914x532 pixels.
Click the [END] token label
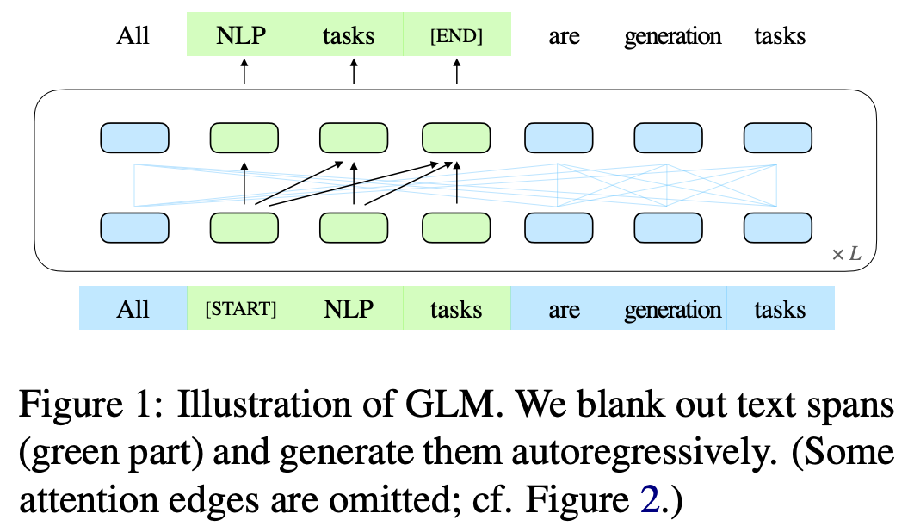456,36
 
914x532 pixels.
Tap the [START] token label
241,308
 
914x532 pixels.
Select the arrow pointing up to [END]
457,71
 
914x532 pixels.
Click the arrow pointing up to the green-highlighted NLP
244,71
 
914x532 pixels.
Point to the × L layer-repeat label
846,254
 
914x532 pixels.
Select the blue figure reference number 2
650,500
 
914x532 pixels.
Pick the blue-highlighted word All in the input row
133,308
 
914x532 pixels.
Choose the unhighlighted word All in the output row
133,35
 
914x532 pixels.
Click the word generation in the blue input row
673,310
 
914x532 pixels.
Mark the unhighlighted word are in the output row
565,37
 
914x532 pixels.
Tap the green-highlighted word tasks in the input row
456,309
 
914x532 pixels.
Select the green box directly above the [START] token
244,227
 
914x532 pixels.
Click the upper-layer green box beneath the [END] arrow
456,138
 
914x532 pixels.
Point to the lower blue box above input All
134,227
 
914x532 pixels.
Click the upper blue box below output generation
668,138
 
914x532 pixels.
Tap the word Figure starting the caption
71,405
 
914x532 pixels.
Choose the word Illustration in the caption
264,404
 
